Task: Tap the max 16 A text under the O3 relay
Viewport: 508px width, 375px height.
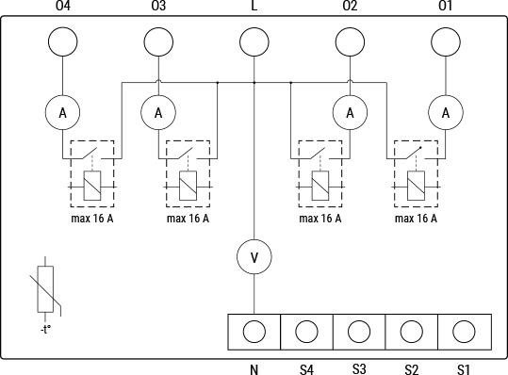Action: [x=188, y=219]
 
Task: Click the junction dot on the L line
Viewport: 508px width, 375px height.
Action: [x=254, y=83]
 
